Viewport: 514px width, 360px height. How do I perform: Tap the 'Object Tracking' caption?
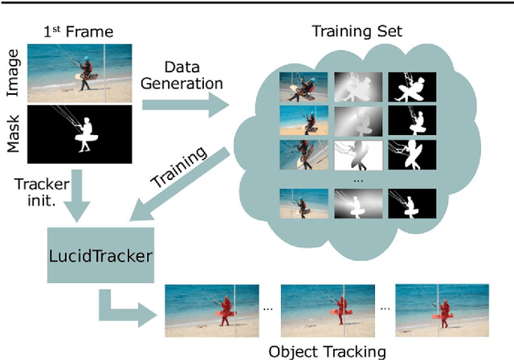click(x=327, y=350)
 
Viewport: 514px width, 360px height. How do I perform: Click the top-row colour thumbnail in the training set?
click(x=303, y=87)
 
